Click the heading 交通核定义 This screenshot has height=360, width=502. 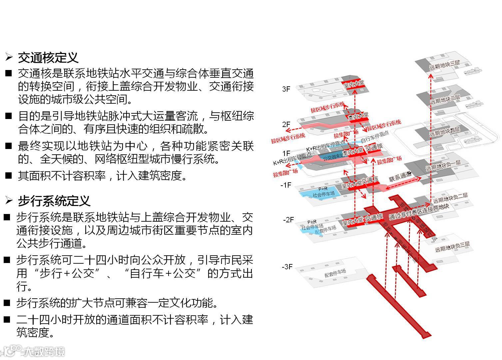pos(48,58)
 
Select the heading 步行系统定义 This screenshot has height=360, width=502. pos(54,201)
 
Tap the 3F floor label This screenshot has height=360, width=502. pos(286,89)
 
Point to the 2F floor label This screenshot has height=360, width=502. pos(286,124)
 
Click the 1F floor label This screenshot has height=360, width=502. pos(286,153)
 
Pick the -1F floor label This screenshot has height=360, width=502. pos(285,185)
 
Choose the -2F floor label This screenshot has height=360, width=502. pos(288,220)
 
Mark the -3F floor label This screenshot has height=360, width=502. pos(287,267)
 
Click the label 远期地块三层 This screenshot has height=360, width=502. pos(444,65)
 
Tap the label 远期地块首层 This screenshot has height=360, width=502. pos(444,132)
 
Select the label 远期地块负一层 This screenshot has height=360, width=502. pos(443,166)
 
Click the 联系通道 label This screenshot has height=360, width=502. pos(400,177)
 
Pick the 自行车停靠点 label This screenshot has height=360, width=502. pos(374,137)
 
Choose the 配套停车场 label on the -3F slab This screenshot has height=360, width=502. pos(335,274)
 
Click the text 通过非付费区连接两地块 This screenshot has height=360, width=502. pos(419,211)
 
